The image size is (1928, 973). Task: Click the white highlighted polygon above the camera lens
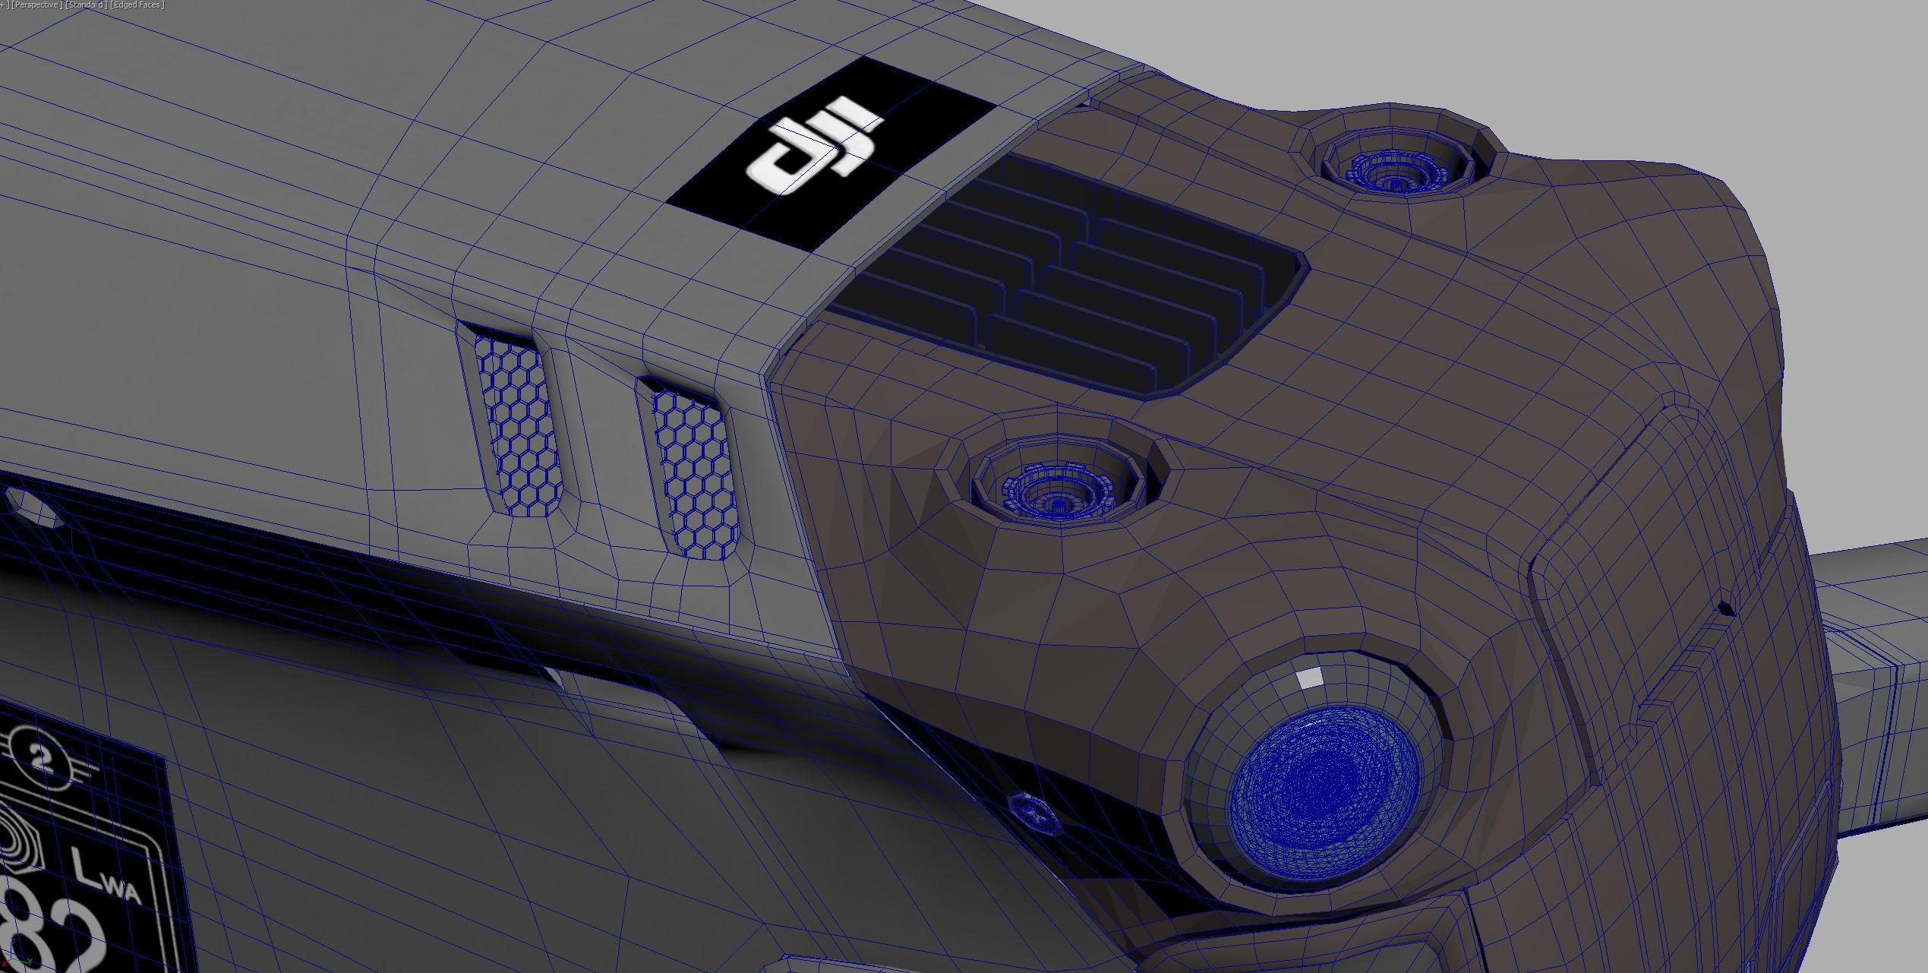[1308, 678]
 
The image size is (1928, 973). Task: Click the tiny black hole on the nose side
[1725, 608]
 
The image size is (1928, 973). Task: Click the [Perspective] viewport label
[36, 5]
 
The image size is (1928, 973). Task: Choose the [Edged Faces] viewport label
[137, 5]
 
